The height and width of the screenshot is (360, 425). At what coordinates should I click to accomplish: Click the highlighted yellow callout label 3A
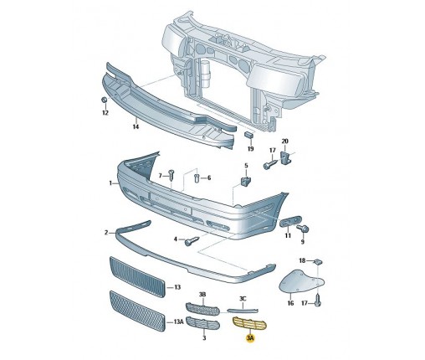click(250, 338)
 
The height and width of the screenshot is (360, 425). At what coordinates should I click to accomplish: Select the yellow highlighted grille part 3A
click(249, 324)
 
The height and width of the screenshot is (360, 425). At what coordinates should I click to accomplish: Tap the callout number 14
click(136, 126)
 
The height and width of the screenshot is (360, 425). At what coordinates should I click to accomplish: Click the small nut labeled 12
click(104, 100)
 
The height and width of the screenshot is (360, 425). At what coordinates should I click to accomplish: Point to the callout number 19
click(251, 148)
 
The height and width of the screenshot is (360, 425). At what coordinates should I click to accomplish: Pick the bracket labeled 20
click(285, 158)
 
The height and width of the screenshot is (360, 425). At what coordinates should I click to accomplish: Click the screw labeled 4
click(192, 241)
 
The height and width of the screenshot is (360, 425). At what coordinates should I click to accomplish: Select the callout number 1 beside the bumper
click(110, 183)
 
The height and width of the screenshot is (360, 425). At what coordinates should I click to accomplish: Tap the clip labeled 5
click(246, 181)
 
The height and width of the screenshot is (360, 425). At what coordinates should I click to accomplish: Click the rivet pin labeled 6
click(196, 177)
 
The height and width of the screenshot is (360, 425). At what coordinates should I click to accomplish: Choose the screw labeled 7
click(172, 175)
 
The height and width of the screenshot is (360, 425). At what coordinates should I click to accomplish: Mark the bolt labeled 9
click(302, 229)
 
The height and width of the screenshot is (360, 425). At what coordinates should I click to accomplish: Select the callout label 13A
click(178, 321)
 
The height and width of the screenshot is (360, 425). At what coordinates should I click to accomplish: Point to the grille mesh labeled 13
click(136, 277)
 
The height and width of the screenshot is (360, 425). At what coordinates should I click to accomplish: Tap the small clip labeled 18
click(318, 262)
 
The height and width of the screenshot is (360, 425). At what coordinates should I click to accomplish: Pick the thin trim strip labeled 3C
click(243, 310)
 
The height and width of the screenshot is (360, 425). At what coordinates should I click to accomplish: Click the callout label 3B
click(202, 294)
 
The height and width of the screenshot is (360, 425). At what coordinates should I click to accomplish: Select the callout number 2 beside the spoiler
click(106, 232)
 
